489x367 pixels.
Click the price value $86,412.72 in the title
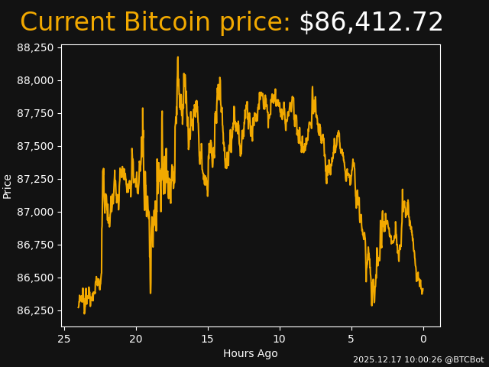click(x=371, y=23)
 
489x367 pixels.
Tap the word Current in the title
click(x=68, y=23)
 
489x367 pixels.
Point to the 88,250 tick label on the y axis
click(x=35, y=47)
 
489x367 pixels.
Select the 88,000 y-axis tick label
click(x=35, y=80)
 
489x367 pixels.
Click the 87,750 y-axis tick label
click(x=35, y=113)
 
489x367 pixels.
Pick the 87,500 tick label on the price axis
click(x=35, y=146)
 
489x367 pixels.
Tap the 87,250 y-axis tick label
click(x=35, y=179)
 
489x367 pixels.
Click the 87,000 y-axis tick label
click(x=35, y=212)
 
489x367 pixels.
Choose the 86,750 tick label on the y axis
click(x=35, y=245)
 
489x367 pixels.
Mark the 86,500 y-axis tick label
click(x=35, y=278)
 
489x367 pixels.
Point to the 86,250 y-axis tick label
click(x=35, y=310)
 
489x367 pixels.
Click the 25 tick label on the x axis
click(x=64, y=339)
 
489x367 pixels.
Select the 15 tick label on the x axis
click(x=207, y=339)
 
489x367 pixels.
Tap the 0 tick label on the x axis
click(x=423, y=339)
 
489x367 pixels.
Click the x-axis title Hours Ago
click(x=250, y=353)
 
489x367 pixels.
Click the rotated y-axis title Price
click(x=8, y=186)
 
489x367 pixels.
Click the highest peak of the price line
click(x=178, y=57)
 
